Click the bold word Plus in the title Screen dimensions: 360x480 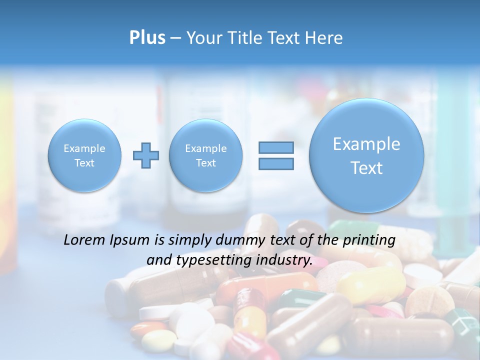[x=147, y=38]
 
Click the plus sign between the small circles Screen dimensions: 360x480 [x=146, y=155]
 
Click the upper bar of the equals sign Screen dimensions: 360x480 [x=275, y=147]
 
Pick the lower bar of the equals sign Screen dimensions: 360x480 [x=275, y=163]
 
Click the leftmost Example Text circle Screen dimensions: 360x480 [x=84, y=155]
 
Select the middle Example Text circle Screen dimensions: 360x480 [x=205, y=155]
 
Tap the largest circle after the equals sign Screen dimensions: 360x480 [x=366, y=155]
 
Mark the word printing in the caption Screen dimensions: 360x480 [x=369, y=240]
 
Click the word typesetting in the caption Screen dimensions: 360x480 [x=215, y=260]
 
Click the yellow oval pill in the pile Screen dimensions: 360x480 [x=370, y=285]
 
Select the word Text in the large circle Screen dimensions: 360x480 [x=366, y=168]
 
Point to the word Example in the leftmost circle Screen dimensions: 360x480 [x=84, y=148]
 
